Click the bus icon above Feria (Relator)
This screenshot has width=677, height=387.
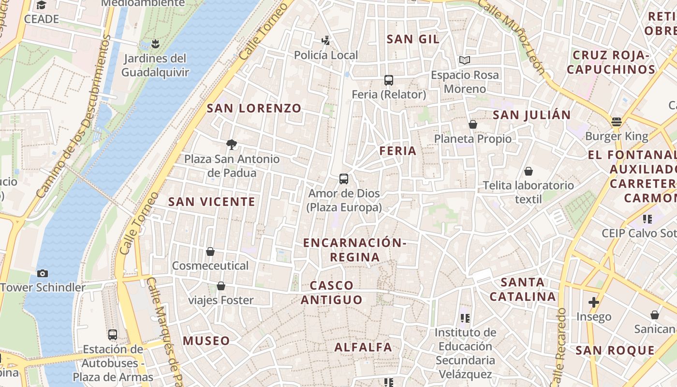pyautogui.click(x=389, y=80)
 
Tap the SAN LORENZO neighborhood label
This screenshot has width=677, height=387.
pyautogui.click(x=254, y=108)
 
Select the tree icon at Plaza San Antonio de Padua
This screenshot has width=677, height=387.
pyautogui.click(x=232, y=144)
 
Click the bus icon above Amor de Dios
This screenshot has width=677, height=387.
pyautogui.click(x=344, y=179)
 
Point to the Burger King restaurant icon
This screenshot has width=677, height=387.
pyautogui.click(x=616, y=122)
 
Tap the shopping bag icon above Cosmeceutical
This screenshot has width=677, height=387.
pyautogui.click(x=210, y=252)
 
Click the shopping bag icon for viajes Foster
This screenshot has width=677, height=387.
pyautogui.click(x=221, y=286)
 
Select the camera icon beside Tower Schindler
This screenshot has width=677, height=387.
pyautogui.click(x=43, y=273)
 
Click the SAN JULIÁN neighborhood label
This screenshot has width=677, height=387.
pyautogui.click(x=531, y=115)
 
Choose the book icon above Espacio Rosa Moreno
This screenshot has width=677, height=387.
pyautogui.click(x=465, y=60)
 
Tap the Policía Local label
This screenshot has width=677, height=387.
pyautogui.click(x=326, y=55)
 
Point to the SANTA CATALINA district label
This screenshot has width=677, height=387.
pyautogui.click(x=522, y=289)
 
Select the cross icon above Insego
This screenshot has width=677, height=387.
pyautogui.click(x=594, y=303)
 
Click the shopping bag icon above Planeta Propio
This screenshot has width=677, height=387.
pyautogui.click(x=473, y=125)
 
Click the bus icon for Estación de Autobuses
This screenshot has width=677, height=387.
pyautogui.click(x=113, y=334)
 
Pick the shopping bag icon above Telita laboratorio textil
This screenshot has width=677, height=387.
pyautogui.click(x=529, y=171)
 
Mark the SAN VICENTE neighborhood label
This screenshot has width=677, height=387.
pyautogui.click(x=211, y=202)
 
